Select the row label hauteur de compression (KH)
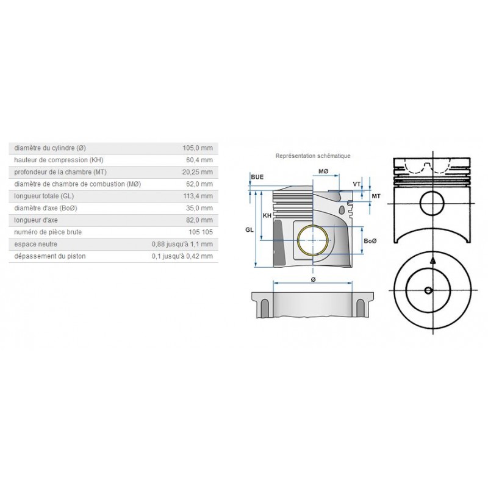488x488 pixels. click(59, 160)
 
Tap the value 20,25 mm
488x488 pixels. click(197, 172)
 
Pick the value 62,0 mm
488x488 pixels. click(199, 184)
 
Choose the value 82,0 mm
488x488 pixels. click(199, 220)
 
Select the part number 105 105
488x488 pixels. click(201, 232)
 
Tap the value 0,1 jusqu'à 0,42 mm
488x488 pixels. click(182, 256)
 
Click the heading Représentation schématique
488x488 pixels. click(313, 156)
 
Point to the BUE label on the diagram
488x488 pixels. click(257, 177)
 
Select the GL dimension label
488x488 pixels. click(249, 230)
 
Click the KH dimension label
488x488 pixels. click(267, 216)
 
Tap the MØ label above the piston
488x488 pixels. click(323, 173)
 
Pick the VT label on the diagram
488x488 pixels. click(357, 184)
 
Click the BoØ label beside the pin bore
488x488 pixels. click(370, 242)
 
